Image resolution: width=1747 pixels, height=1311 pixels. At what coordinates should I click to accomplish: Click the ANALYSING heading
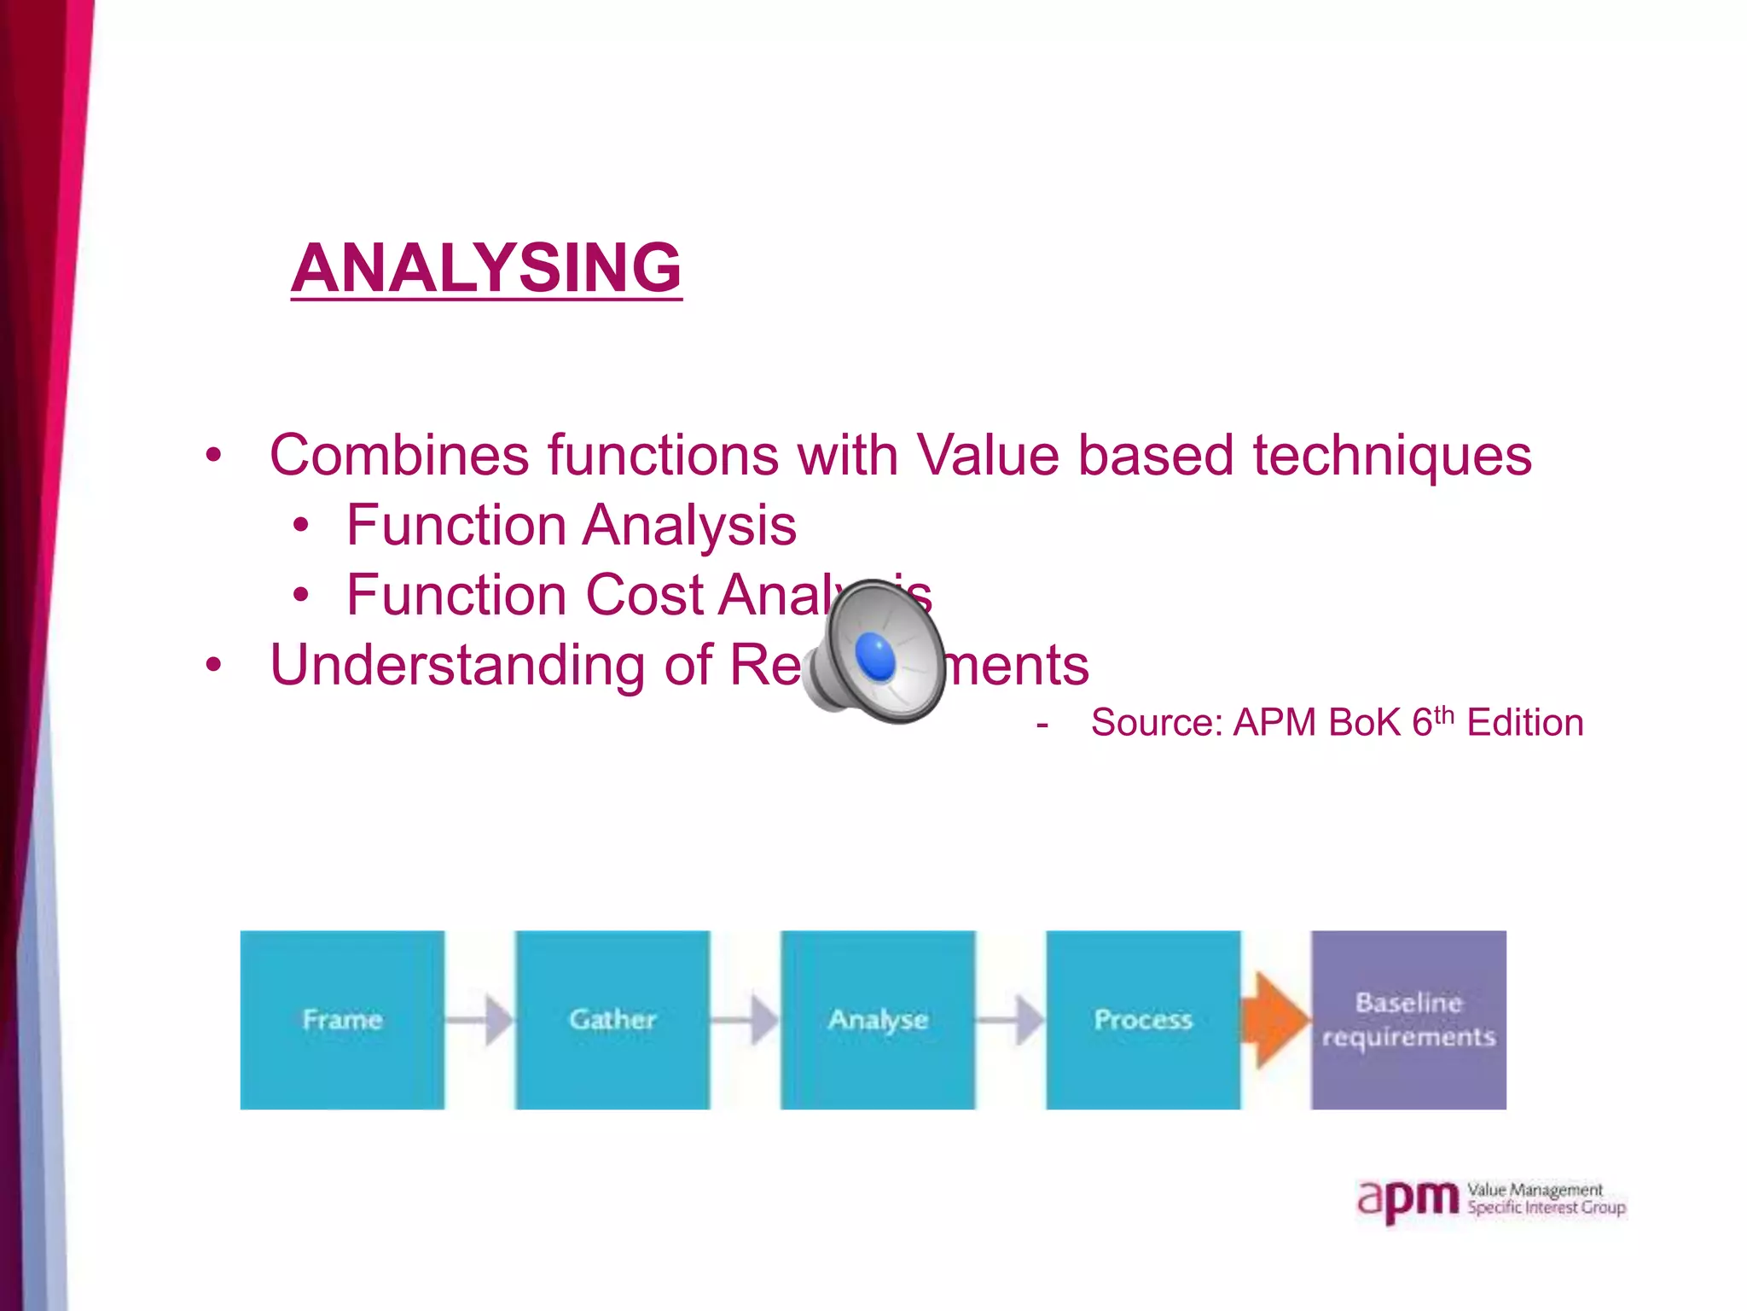486,268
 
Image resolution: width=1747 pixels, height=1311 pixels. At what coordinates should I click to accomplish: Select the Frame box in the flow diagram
342,1019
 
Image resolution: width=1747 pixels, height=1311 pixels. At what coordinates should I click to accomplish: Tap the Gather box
612,1019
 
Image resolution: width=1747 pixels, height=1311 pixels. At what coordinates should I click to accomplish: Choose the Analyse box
878,1019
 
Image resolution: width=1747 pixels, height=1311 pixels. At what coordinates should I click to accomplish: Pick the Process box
1143,1019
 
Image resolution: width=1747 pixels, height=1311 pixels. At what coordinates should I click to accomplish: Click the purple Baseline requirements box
1408,1019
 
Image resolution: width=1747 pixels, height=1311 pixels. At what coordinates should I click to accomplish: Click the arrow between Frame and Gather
480,1019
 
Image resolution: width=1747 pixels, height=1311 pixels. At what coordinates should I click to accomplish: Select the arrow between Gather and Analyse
746,1019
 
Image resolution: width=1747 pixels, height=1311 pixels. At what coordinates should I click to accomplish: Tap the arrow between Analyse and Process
1011,1019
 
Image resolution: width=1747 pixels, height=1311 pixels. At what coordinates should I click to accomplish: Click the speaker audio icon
874,653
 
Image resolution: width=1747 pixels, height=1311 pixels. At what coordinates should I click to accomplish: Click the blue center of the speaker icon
874,658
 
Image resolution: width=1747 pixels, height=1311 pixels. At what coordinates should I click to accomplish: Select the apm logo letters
1408,1200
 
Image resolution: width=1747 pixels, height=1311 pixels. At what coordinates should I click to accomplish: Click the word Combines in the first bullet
398,455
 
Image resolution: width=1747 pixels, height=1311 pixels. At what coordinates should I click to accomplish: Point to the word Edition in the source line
1524,723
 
